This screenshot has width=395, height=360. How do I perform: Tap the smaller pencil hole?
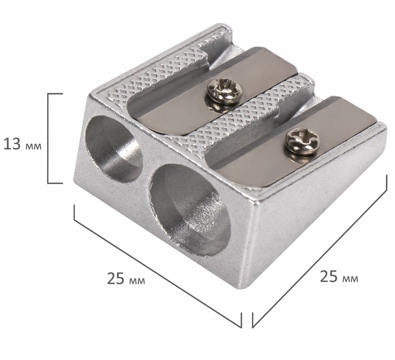point(114,149)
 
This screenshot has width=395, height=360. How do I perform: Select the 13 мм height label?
point(22,144)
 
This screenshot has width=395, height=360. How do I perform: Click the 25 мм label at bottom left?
point(126,279)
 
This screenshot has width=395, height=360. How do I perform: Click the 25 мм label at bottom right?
point(339,277)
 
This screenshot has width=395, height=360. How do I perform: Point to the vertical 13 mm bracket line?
point(48,138)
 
